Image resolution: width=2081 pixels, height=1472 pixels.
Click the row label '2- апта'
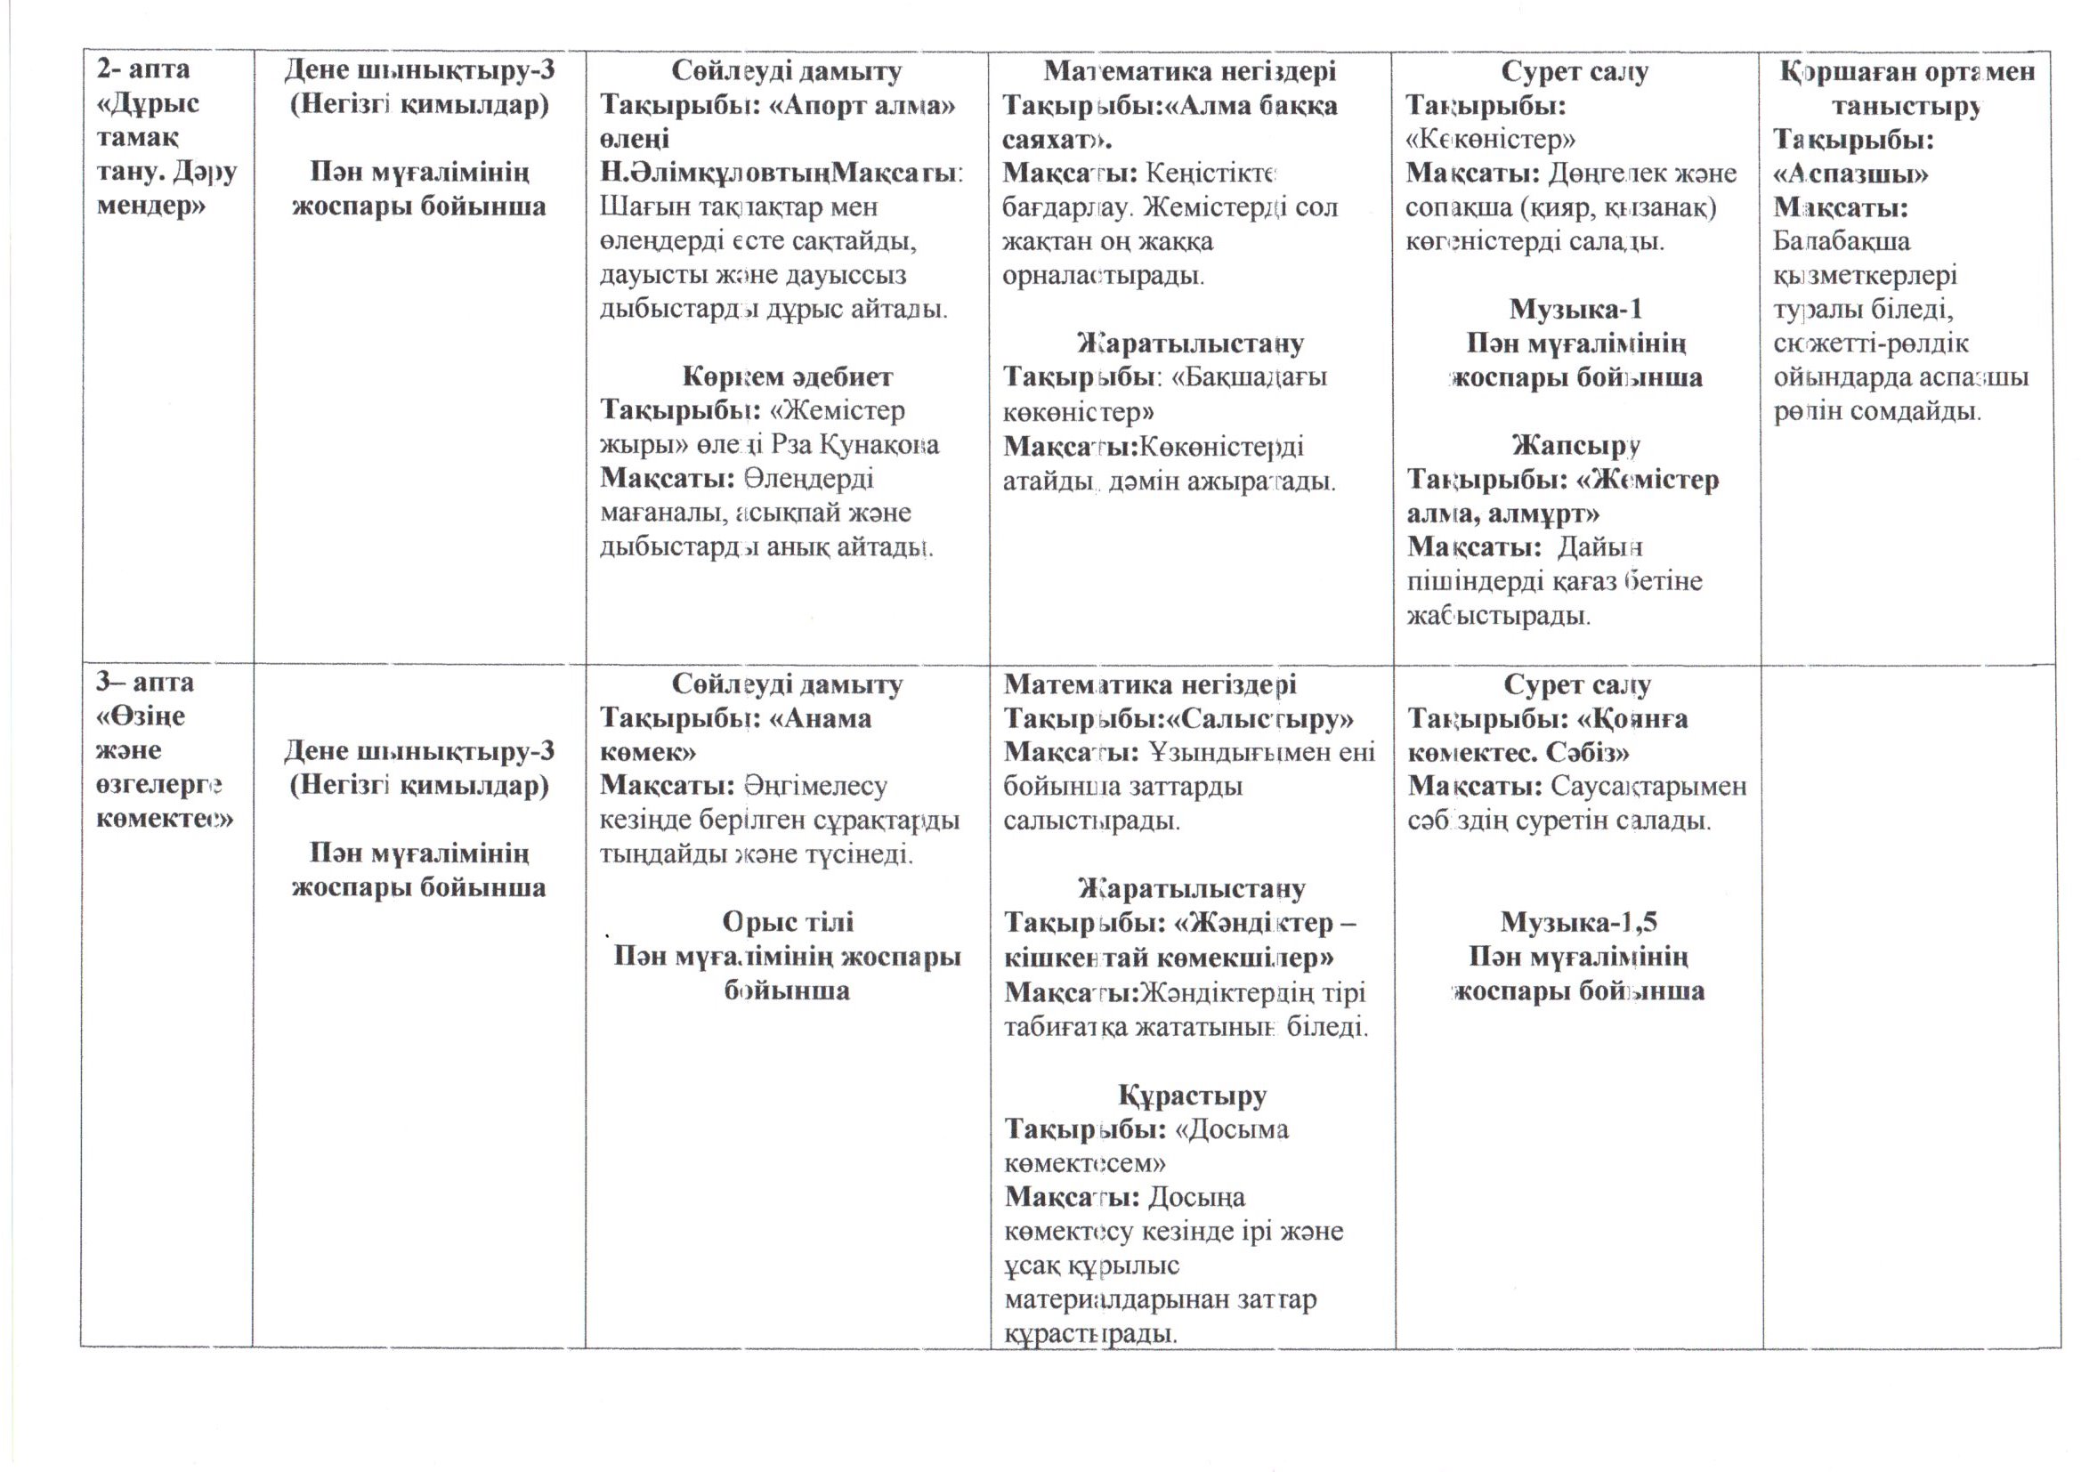[143, 69]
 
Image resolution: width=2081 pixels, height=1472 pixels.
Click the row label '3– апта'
[145, 682]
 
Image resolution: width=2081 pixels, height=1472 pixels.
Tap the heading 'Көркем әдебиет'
[787, 376]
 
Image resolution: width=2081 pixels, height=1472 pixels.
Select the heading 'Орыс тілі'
[787, 922]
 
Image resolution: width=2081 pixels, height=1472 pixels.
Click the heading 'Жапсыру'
[1576, 445]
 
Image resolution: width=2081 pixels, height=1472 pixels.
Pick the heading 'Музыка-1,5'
[1578, 922]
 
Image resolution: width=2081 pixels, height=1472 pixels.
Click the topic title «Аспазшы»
[1850, 174]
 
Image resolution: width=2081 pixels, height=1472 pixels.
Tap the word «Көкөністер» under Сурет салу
[1490, 139]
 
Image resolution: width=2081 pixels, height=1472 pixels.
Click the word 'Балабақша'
[1841, 241]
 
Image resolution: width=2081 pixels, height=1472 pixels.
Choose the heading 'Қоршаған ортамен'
[1907, 70]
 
